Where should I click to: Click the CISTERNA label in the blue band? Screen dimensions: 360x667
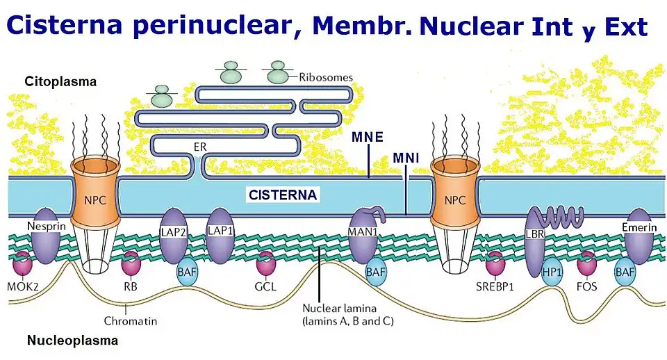tap(283, 196)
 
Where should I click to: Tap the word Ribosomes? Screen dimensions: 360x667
tap(326, 77)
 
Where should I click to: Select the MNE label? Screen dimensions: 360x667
tap(368, 137)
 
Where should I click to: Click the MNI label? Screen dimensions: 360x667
tap(406, 158)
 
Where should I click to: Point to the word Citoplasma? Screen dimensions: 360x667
tap(60, 82)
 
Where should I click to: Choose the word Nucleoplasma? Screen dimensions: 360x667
tap(72, 341)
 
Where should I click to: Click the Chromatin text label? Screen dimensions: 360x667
tap(130, 321)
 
